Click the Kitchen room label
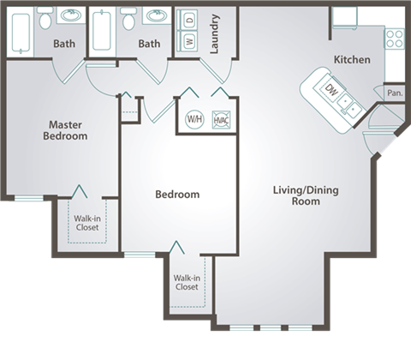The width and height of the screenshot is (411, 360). tap(352, 60)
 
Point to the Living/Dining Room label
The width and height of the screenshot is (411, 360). tap(296, 195)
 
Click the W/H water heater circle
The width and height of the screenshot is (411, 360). tap(194, 120)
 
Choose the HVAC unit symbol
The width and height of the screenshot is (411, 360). tap(220, 120)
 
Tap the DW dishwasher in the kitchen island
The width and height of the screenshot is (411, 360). tap(330, 91)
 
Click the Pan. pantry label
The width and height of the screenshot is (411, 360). tap(394, 93)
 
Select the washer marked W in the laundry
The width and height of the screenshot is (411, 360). tap(186, 40)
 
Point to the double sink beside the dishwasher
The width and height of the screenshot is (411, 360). tap(348, 105)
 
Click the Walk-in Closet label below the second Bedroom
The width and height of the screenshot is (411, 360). tap(186, 282)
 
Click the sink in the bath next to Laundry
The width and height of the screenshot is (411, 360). tap(155, 17)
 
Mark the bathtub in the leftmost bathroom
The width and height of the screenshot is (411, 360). tap(18, 32)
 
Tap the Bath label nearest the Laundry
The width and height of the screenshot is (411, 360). tap(149, 43)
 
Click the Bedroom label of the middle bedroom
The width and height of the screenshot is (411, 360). tap(177, 195)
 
